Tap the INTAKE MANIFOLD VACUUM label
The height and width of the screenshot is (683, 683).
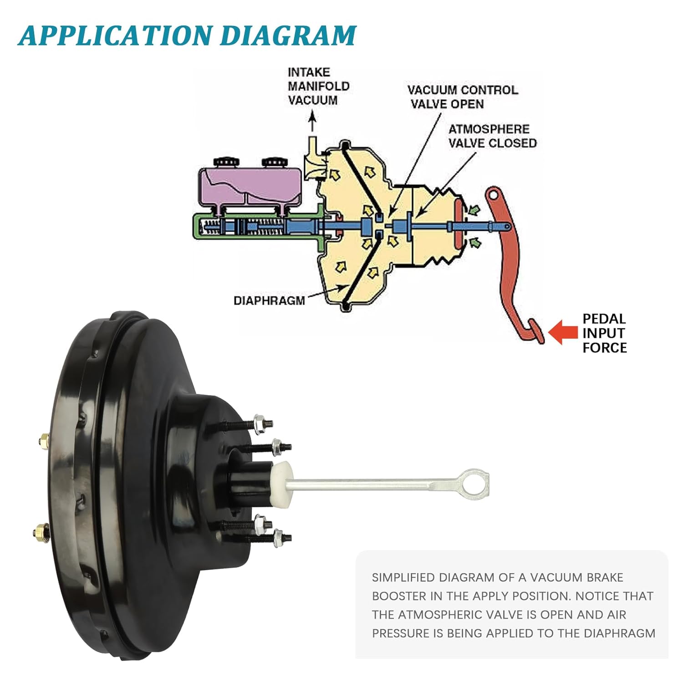[318, 87]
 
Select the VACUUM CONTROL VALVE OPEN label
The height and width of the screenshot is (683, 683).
[462, 97]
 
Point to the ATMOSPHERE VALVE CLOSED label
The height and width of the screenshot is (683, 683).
[492, 136]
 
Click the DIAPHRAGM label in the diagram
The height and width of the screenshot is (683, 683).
[269, 301]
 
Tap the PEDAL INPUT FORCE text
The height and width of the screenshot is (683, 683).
[604, 333]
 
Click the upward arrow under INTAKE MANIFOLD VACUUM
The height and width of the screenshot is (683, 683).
[312, 122]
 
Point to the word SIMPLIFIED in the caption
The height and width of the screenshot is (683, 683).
[403, 578]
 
